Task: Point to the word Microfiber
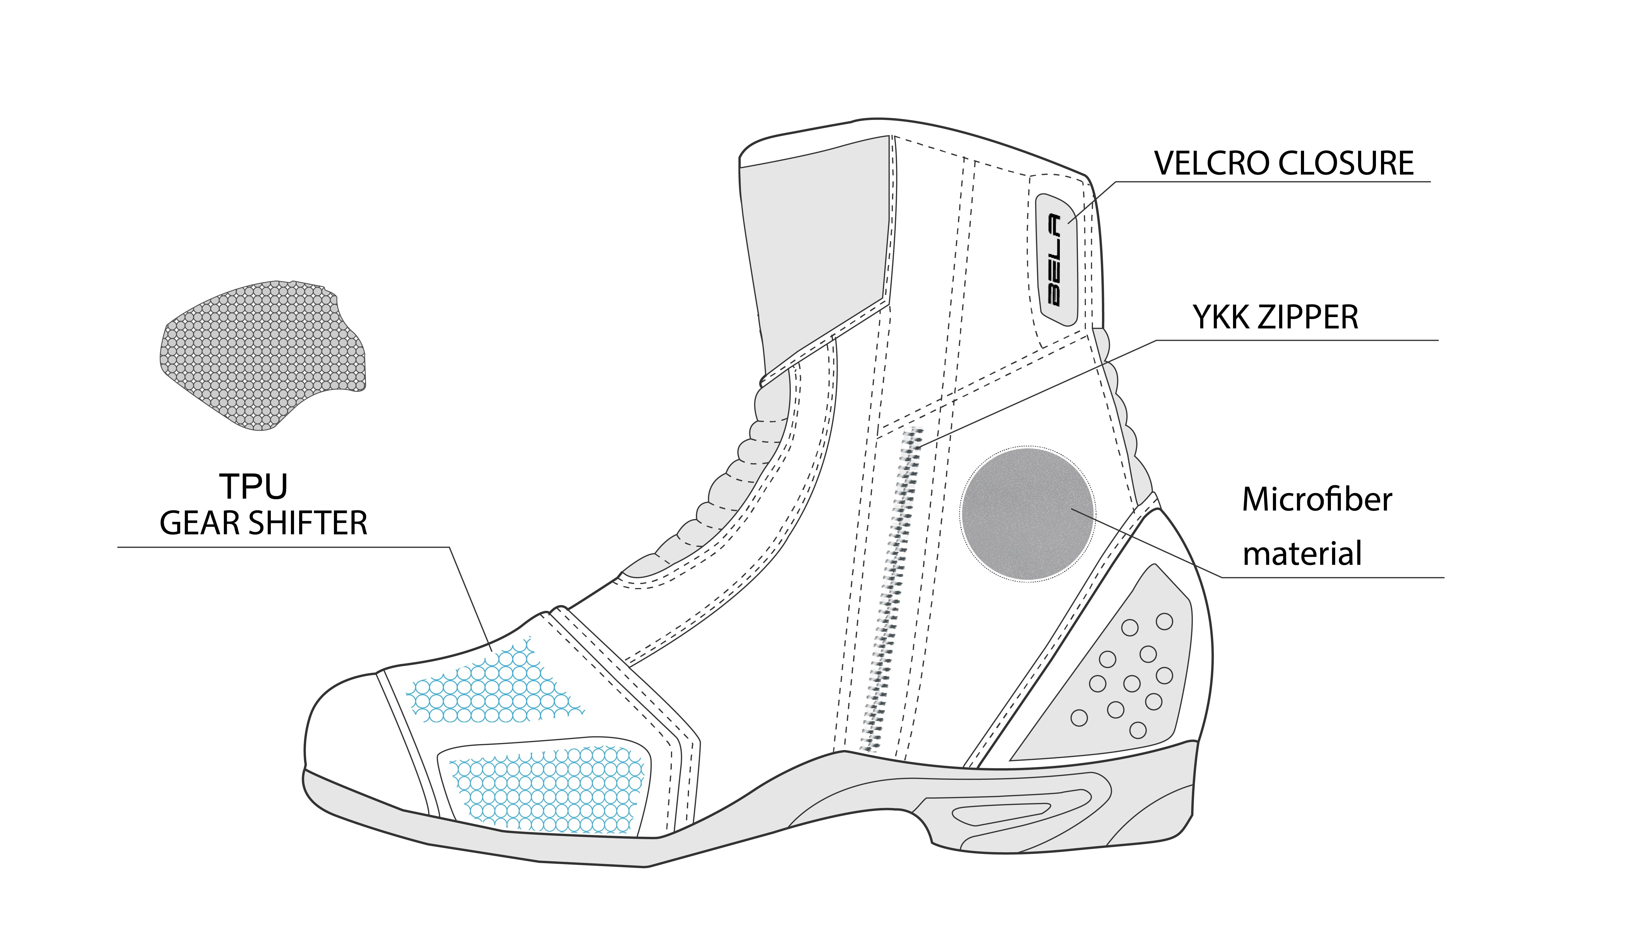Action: pyautogui.click(x=1317, y=500)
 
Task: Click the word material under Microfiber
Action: pyautogui.click(x=1302, y=554)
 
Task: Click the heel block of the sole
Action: pyautogui.click(x=1153, y=809)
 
